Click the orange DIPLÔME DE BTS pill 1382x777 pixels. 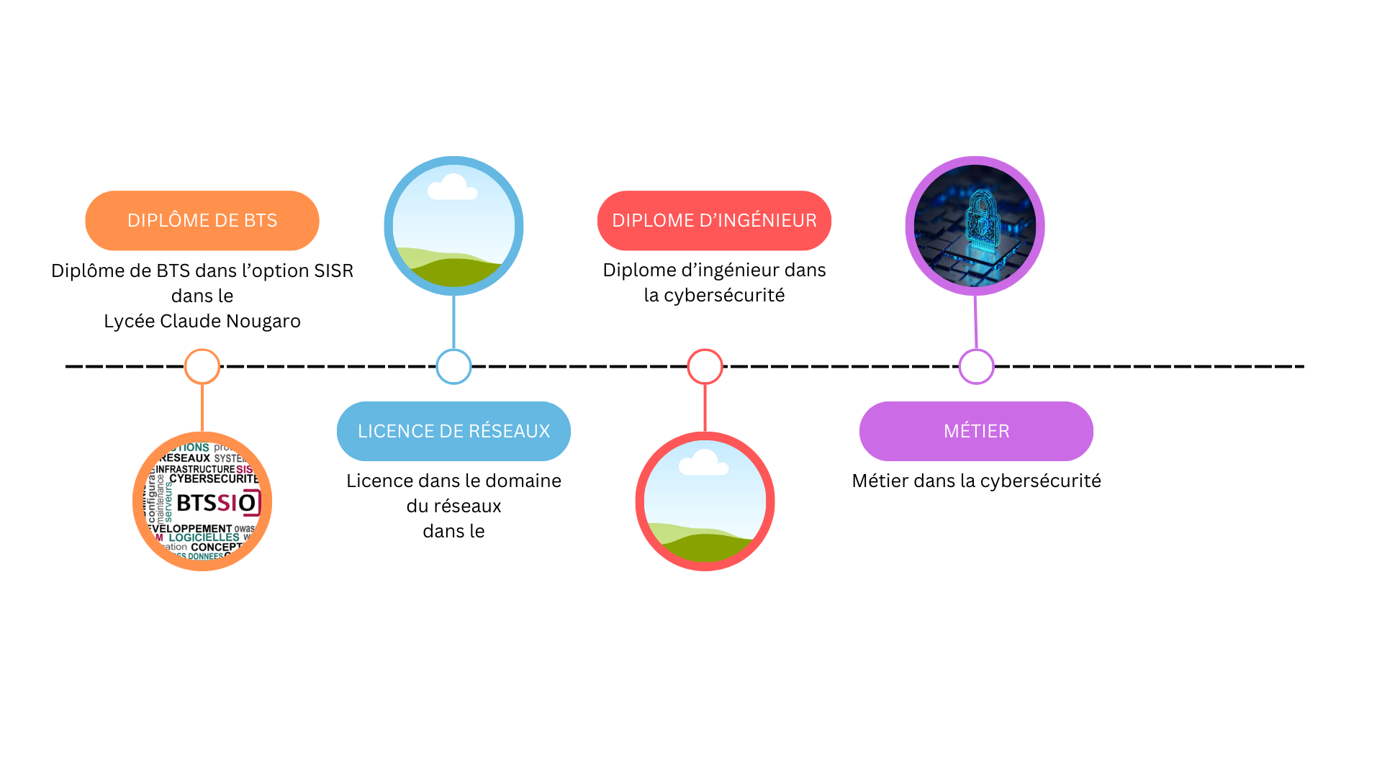pyautogui.click(x=202, y=220)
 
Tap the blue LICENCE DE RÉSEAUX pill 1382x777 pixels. pyautogui.click(x=453, y=431)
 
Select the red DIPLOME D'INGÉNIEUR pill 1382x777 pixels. pyautogui.click(x=714, y=220)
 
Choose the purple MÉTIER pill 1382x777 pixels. pyautogui.click(x=976, y=431)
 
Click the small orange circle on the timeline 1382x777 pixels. pyautogui.click(x=202, y=366)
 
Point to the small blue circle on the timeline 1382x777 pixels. pyautogui.click(x=453, y=366)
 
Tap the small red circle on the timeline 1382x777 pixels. pyautogui.click(x=705, y=366)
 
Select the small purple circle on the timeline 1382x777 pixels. pyautogui.click(x=976, y=366)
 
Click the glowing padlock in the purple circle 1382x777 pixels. pyautogui.click(x=982, y=219)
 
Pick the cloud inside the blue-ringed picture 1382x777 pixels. pyautogui.click(x=452, y=188)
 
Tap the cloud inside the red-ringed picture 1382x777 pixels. pyautogui.click(x=703, y=463)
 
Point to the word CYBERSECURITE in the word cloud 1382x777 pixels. pyautogui.click(x=214, y=478)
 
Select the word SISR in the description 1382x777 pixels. pyautogui.click(x=333, y=271)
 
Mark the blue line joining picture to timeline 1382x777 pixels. pyautogui.click(x=453, y=322)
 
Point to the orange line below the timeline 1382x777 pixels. pyautogui.click(x=202, y=408)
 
